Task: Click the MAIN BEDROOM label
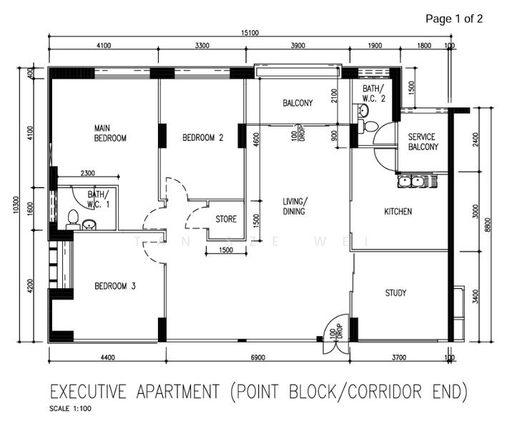110,133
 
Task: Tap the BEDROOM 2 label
203,138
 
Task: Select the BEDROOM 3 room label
116,286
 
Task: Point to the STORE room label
226,220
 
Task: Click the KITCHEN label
398,212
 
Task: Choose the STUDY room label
395,292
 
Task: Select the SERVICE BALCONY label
423,142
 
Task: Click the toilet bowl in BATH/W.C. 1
72,217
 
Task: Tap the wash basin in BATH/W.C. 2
363,112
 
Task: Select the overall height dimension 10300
16,204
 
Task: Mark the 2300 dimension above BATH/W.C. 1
88,174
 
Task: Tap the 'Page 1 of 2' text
453,19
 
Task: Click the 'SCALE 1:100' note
70,410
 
